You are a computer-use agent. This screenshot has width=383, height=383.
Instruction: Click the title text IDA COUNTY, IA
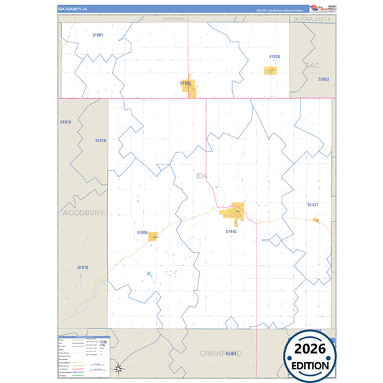tap(73, 9)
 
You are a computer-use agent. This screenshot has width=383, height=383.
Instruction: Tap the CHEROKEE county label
tap(174, 19)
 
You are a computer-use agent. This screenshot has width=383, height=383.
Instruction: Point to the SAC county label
tap(312, 65)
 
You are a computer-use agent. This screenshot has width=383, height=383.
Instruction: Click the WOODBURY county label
tap(83, 213)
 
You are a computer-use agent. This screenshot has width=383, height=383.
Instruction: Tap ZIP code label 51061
tap(98, 35)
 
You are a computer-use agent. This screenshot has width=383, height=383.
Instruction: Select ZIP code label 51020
tap(274, 56)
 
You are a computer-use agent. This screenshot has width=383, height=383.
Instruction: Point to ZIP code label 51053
tap(323, 79)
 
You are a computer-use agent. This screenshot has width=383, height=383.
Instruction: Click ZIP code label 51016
tap(66, 122)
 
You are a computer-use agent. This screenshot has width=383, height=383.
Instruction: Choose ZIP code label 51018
tap(101, 141)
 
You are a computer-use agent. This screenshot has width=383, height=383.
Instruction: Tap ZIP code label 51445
tap(231, 231)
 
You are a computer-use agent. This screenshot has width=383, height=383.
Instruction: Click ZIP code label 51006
tap(142, 233)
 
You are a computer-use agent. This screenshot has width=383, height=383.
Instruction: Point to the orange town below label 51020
tap(270, 70)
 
